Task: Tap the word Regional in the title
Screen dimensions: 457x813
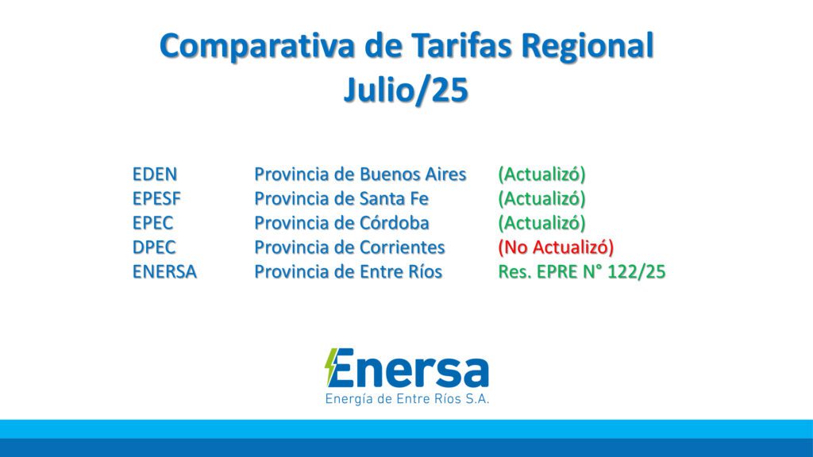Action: point(587,46)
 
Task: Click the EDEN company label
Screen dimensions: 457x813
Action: point(155,174)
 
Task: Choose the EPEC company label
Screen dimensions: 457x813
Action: point(153,222)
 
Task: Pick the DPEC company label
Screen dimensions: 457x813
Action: point(154,247)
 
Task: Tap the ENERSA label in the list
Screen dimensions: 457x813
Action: point(164,271)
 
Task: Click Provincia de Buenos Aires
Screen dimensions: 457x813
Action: point(360,174)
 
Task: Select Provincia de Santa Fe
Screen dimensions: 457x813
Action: point(341,198)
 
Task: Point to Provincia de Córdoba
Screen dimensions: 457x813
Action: point(341,222)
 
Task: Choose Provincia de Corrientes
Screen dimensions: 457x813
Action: point(349,247)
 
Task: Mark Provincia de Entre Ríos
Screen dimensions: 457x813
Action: point(348,271)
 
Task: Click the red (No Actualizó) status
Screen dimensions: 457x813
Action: point(556,247)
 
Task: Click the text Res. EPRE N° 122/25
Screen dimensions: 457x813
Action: point(581,271)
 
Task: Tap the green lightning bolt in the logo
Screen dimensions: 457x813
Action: point(331,367)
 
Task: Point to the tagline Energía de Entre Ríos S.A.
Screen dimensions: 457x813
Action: point(407,398)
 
